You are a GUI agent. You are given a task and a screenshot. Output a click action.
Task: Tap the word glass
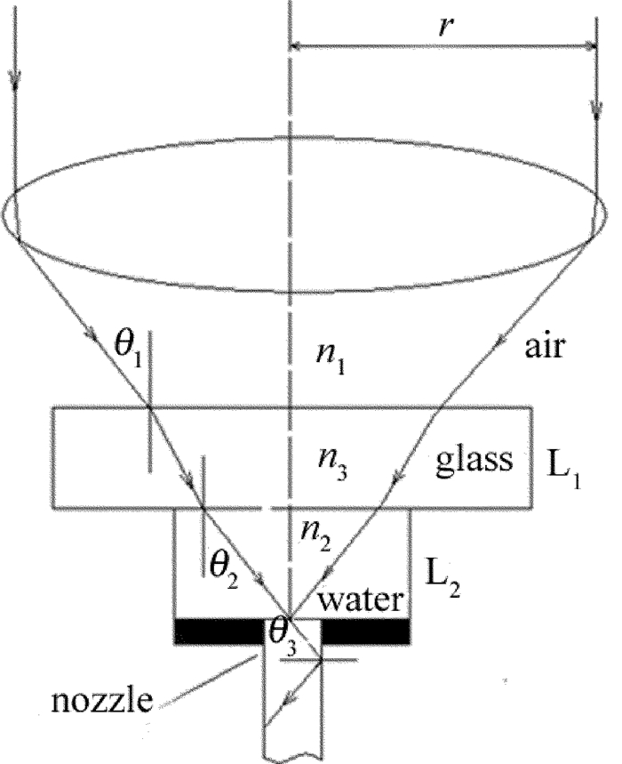click(474, 460)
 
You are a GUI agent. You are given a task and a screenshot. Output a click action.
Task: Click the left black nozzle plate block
click(217, 630)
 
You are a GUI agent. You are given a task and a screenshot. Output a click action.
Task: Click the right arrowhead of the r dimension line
click(588, 45)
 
